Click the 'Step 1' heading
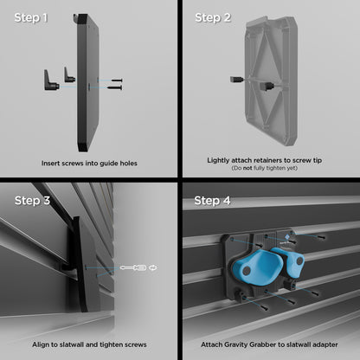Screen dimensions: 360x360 pos(31,18)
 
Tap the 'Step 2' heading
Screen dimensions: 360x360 pos(213,18)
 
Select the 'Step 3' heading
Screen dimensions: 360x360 pos(32,201)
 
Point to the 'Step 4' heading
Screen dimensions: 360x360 pos(212,201)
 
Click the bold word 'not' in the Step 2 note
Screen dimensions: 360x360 pos(247,168)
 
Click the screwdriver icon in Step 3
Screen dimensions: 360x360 pos(132,268)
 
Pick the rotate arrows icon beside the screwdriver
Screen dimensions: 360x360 pos(153,268)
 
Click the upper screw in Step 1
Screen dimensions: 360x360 pos(118,80)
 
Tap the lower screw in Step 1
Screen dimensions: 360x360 pos(114,87)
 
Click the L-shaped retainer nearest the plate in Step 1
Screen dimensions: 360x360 pos(69,74)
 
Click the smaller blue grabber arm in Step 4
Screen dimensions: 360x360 pos(290,262)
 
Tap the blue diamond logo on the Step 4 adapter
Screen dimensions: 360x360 pos(287,237)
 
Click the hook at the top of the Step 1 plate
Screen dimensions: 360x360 pos(76,19)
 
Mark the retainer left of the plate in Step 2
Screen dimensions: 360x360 pos(236,80)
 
